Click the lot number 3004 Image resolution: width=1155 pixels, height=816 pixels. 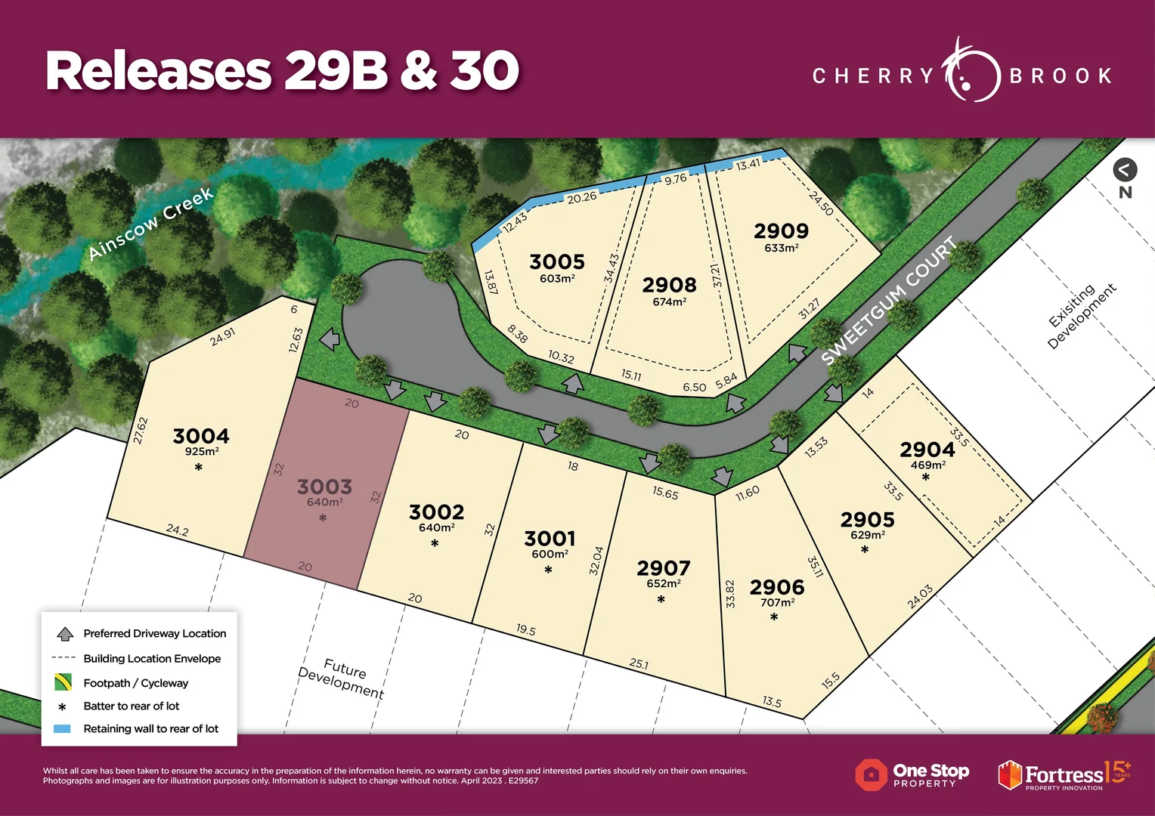(x=201, y=436)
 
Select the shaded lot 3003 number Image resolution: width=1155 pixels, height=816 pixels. (x=324, y=487)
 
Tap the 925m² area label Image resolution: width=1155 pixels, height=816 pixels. (x=202, y=452)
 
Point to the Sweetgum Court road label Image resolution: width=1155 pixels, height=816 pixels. (x=890, y=300)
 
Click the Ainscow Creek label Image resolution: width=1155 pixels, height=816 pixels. (x=150, y=224)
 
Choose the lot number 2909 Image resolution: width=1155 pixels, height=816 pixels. (x=781, y=231)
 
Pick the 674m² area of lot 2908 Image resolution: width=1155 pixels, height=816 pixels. (x=669, y=302)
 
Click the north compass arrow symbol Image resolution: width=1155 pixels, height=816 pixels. (x=1125, y=170)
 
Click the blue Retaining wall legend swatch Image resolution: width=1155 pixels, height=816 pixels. (x=63, y=729)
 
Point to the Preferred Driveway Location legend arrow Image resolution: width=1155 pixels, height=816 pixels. (x=65, y=634)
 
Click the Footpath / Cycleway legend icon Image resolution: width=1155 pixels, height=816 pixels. (x=63, y=682)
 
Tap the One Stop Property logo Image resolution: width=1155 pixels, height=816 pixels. (x=912, y=775)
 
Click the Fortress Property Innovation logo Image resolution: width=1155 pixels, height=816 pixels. (x=1064, y=775)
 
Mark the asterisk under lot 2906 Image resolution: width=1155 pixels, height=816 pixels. (x=774, y=618)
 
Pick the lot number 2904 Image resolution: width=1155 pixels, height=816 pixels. (x=927, y=450)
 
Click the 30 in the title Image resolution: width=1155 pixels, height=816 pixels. (x=485, y=71)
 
